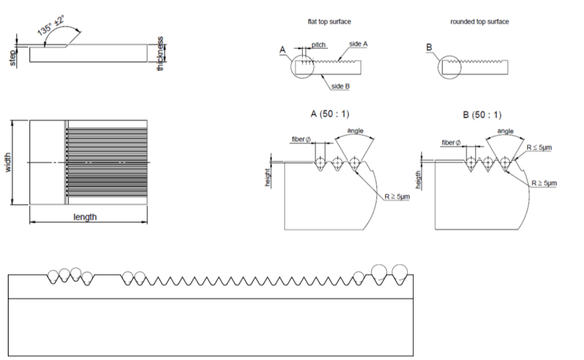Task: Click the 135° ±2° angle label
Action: tap(51, 25)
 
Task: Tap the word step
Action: tap(13, 58)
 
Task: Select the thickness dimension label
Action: tap(160, 53)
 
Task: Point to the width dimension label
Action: tap(8, 163)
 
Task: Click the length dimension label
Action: tap(85, 217)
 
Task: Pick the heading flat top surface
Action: tap(329, 22)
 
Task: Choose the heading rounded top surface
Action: tap(479, 22)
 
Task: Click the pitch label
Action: tap(318, 44)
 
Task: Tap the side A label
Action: tap(358, 44)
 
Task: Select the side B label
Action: tap(341, 86)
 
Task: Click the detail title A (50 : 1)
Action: tap(330, 114)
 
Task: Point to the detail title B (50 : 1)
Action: tap(482, 115)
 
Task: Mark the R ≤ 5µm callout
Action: tap(539, 148)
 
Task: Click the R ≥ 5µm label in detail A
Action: tap(397, 196)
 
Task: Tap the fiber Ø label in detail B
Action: tap(451, 143)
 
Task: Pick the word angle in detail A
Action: tap(355, 131)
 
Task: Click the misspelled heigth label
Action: tap(418, 180)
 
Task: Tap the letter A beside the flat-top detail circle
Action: tap(282, 50)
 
